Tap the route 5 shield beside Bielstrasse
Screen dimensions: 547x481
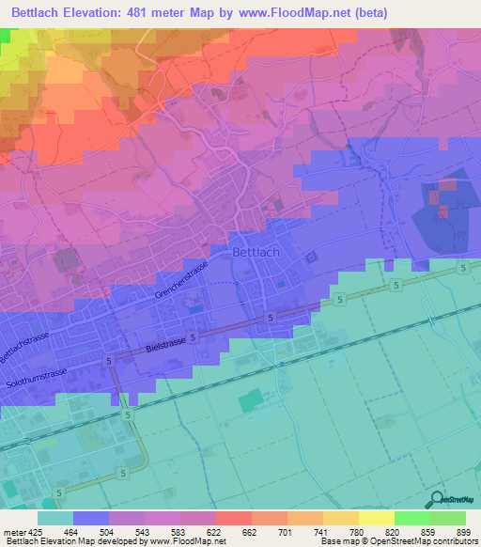pos(194,336)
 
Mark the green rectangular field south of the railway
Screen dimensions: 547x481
pos(250,401)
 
